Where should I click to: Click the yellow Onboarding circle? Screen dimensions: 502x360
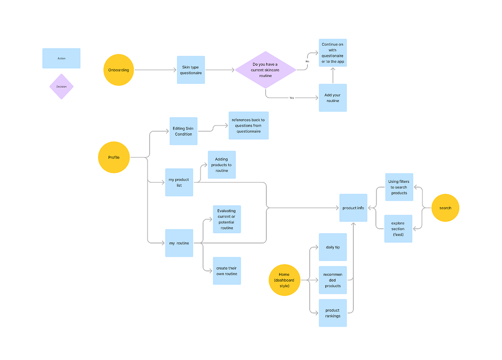[x=119, y=70]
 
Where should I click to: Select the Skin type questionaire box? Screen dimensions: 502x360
[x=191, y=70]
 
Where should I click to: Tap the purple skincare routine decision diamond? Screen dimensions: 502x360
[x=265, y=70]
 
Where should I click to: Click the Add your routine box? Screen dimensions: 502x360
[x=333, y=97]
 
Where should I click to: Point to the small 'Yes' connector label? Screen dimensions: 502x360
[x=292, y=98]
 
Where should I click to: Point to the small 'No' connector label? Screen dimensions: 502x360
[x=307, y=61]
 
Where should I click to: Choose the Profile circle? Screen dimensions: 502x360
[x=114, y=157]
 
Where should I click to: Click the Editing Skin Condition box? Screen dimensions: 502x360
[x=183, y=131]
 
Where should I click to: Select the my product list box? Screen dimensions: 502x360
[x=179, y=182]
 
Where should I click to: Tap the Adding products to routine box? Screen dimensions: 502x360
[x=222, y=165]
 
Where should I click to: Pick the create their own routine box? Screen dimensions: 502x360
[x=226, y=271]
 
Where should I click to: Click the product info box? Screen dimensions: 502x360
[x=353, y=208]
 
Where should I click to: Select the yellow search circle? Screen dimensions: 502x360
[x=445, y=208]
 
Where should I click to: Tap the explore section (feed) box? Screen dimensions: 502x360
[x=398, y=229]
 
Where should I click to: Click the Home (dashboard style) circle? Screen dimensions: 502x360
[x=284, y=280]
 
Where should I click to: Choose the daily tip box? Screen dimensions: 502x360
[x=333, y=247]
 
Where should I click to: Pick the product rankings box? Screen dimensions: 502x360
[x=333, y=313]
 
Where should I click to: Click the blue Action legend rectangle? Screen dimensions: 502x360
[x=61, y=58]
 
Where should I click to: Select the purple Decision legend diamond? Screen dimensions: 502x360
[x=61, y=86]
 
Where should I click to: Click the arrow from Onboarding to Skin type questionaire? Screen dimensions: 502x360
[x=155, y=70]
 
